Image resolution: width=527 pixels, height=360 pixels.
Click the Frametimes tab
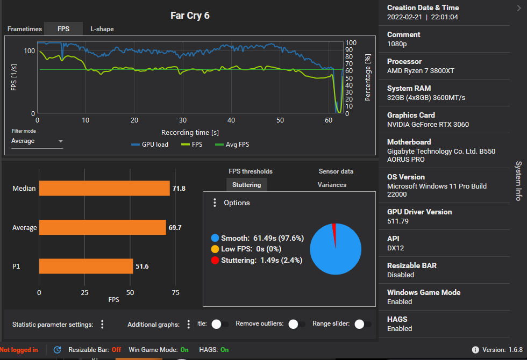[25, 29]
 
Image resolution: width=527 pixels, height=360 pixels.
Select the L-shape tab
[102, 29]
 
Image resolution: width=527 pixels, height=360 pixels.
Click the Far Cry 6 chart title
[190, 16]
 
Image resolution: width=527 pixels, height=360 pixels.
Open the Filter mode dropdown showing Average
[37, 141]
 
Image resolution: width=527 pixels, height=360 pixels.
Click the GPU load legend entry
[150, 145]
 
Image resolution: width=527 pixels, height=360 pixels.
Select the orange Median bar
[104, 189]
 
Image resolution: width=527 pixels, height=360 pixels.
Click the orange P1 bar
[86, 267]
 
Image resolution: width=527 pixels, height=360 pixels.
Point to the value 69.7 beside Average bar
[175, 228]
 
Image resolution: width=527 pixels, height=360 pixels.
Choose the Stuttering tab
[246, 185]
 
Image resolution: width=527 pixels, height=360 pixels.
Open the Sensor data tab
[336, 171]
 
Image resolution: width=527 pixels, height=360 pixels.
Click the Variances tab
[332, 185]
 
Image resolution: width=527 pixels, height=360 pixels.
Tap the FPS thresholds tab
[251, 171]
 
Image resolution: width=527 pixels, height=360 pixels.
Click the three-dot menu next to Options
[215, 203]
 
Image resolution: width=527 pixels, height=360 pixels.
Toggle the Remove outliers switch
[296, 324]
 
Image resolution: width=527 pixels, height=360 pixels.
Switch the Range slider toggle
[362, 324]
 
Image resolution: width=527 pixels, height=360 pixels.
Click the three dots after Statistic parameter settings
[102, 324]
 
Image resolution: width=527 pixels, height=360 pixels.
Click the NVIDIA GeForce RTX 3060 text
[428, 125]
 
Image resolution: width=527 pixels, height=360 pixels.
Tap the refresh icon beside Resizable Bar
[57, 350]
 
